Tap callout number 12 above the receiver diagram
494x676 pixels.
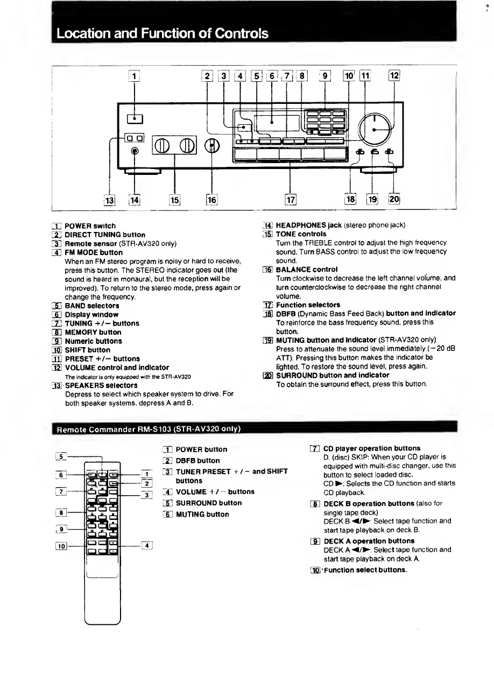click(x=394, y=76)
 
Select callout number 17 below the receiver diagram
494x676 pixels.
click(x=291, y=200)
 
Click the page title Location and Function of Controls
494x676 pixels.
click(x=162, y=33)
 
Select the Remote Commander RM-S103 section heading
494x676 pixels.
click(x=148, y=429)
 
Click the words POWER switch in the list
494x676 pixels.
click(x=90, y=226)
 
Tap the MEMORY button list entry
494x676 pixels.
click(x=93, y=332)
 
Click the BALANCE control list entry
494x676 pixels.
click(x=307, y=269)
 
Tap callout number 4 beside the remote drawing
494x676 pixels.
click(x=146, y=546)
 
